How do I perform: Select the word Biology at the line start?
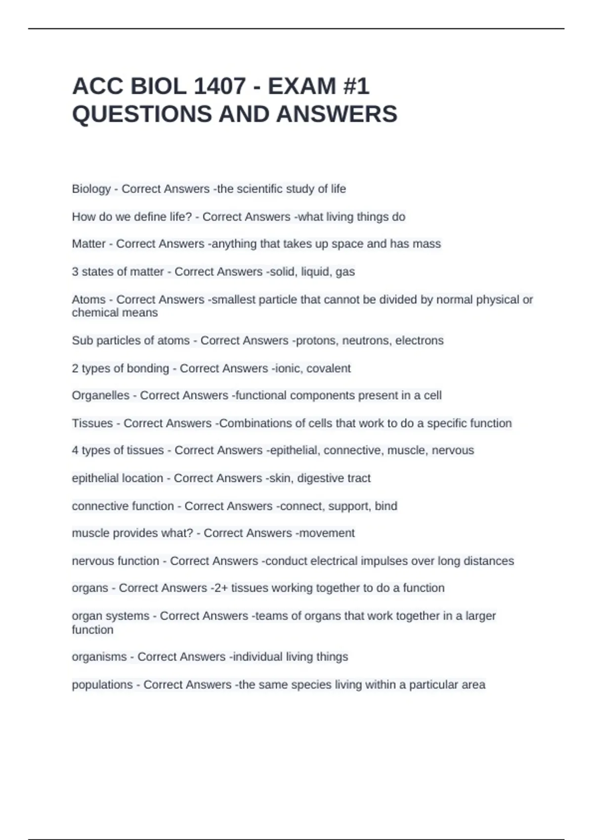(91, 189)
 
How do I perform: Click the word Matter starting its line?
(88, 244)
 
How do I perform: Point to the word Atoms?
(88, 299)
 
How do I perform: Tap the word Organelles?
(100, 395)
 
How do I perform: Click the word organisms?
(99, 657)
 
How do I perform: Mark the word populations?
(102, 684)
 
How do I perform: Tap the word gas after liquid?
(345, 272)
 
